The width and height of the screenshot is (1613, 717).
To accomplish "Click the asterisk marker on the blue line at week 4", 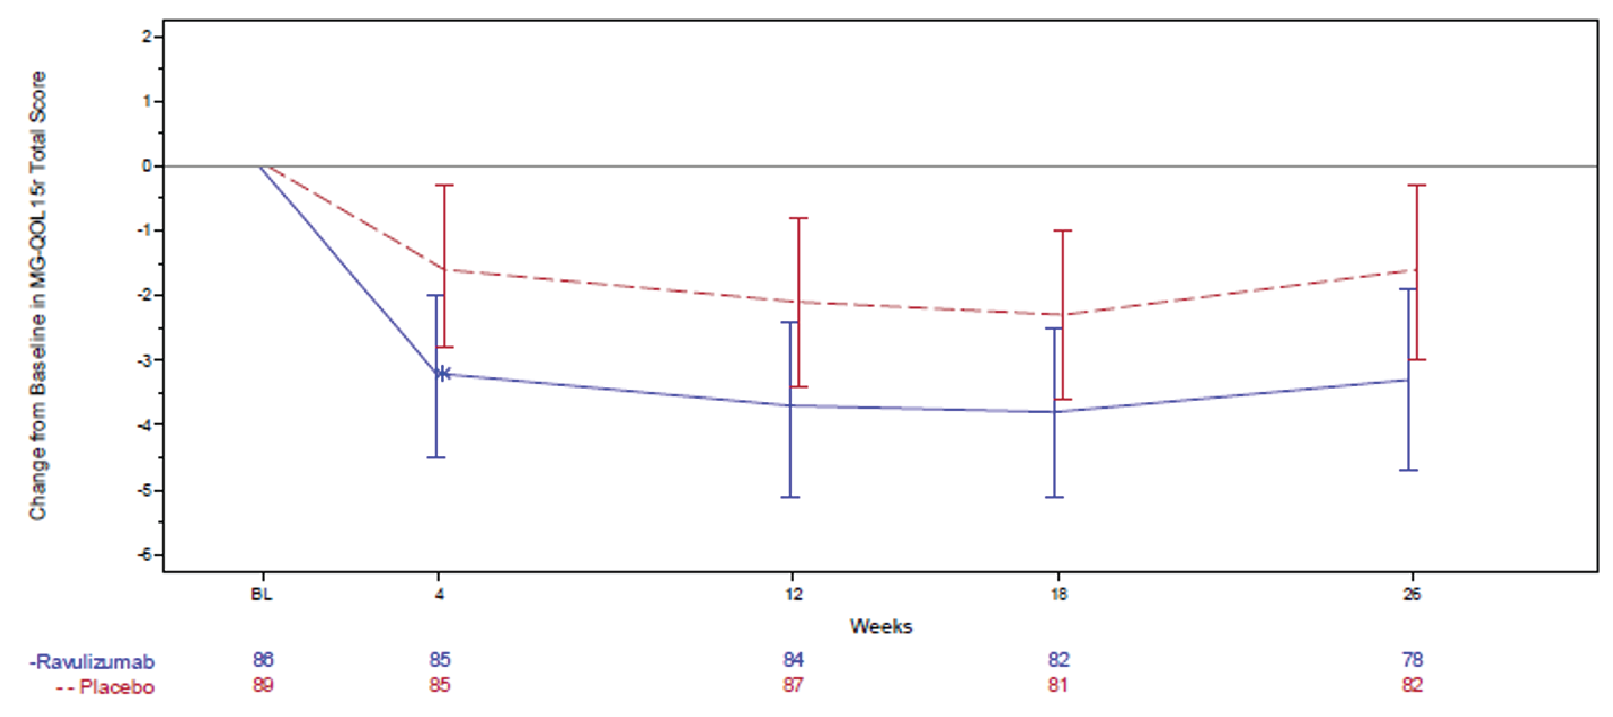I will click(x=443, y=373).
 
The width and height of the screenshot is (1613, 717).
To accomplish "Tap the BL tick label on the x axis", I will click(x=262, y=594).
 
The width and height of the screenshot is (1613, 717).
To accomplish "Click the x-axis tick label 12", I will click(x=793, y=594).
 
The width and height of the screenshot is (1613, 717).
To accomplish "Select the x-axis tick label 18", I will click(x=1058, y=594).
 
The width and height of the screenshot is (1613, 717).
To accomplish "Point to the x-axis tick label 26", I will click(x=1412, y=594).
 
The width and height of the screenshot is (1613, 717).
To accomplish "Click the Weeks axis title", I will click(x=880, y=626).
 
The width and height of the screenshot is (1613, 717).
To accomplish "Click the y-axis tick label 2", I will click(x=147, y=37).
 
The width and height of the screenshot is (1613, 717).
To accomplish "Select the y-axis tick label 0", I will click(x=147, y=166).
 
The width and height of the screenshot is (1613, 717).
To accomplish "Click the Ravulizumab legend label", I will click(x=93, y=662).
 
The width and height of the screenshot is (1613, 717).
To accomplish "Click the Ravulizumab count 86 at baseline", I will click(x=264, y=660).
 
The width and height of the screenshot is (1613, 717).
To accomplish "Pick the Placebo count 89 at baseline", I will click(x=264, y=684).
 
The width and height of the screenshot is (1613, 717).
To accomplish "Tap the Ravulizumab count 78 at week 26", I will click(x=1413, y=660).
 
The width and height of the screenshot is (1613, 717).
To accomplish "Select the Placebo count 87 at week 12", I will click(x=793, y=684).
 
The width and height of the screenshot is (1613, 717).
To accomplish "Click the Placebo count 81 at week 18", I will click(x=1058, y=684).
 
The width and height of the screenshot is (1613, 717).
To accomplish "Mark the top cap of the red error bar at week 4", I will click(x=444, y=186).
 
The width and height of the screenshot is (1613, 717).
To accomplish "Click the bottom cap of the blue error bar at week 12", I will click(x=790, y=497).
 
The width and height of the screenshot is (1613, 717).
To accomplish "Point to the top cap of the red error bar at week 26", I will click(x=1416, y=186).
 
